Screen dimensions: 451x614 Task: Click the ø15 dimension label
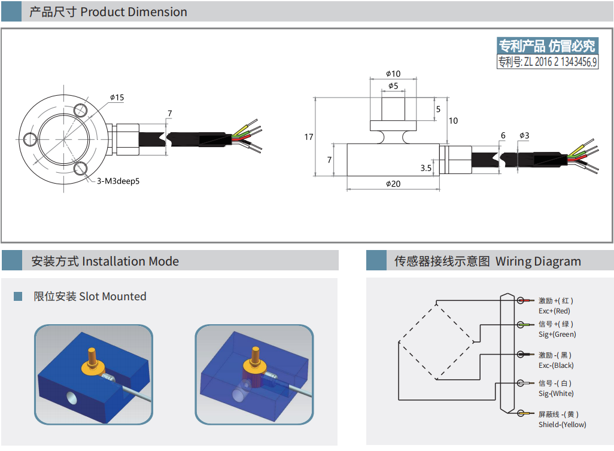(117, 97)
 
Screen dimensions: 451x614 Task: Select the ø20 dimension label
(393, 184)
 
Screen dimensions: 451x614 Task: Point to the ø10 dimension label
(393, 74)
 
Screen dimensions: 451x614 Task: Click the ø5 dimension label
(393, 86)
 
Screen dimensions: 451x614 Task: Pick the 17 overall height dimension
(309, 137)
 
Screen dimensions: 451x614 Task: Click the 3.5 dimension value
(426, 168)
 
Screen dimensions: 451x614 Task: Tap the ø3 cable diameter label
(524, 136)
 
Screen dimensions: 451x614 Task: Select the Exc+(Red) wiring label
(554, 311)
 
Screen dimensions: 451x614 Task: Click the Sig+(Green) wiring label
(557, 334)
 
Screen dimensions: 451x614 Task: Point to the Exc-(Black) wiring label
(556, 365)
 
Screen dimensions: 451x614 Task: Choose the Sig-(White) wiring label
(556, 394)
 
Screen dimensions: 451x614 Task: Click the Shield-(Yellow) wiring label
(562, 425)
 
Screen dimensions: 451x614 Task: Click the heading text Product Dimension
(133, 12)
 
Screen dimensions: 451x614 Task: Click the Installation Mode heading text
(130, 261)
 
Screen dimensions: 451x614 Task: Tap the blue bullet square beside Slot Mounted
(18, 297)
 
